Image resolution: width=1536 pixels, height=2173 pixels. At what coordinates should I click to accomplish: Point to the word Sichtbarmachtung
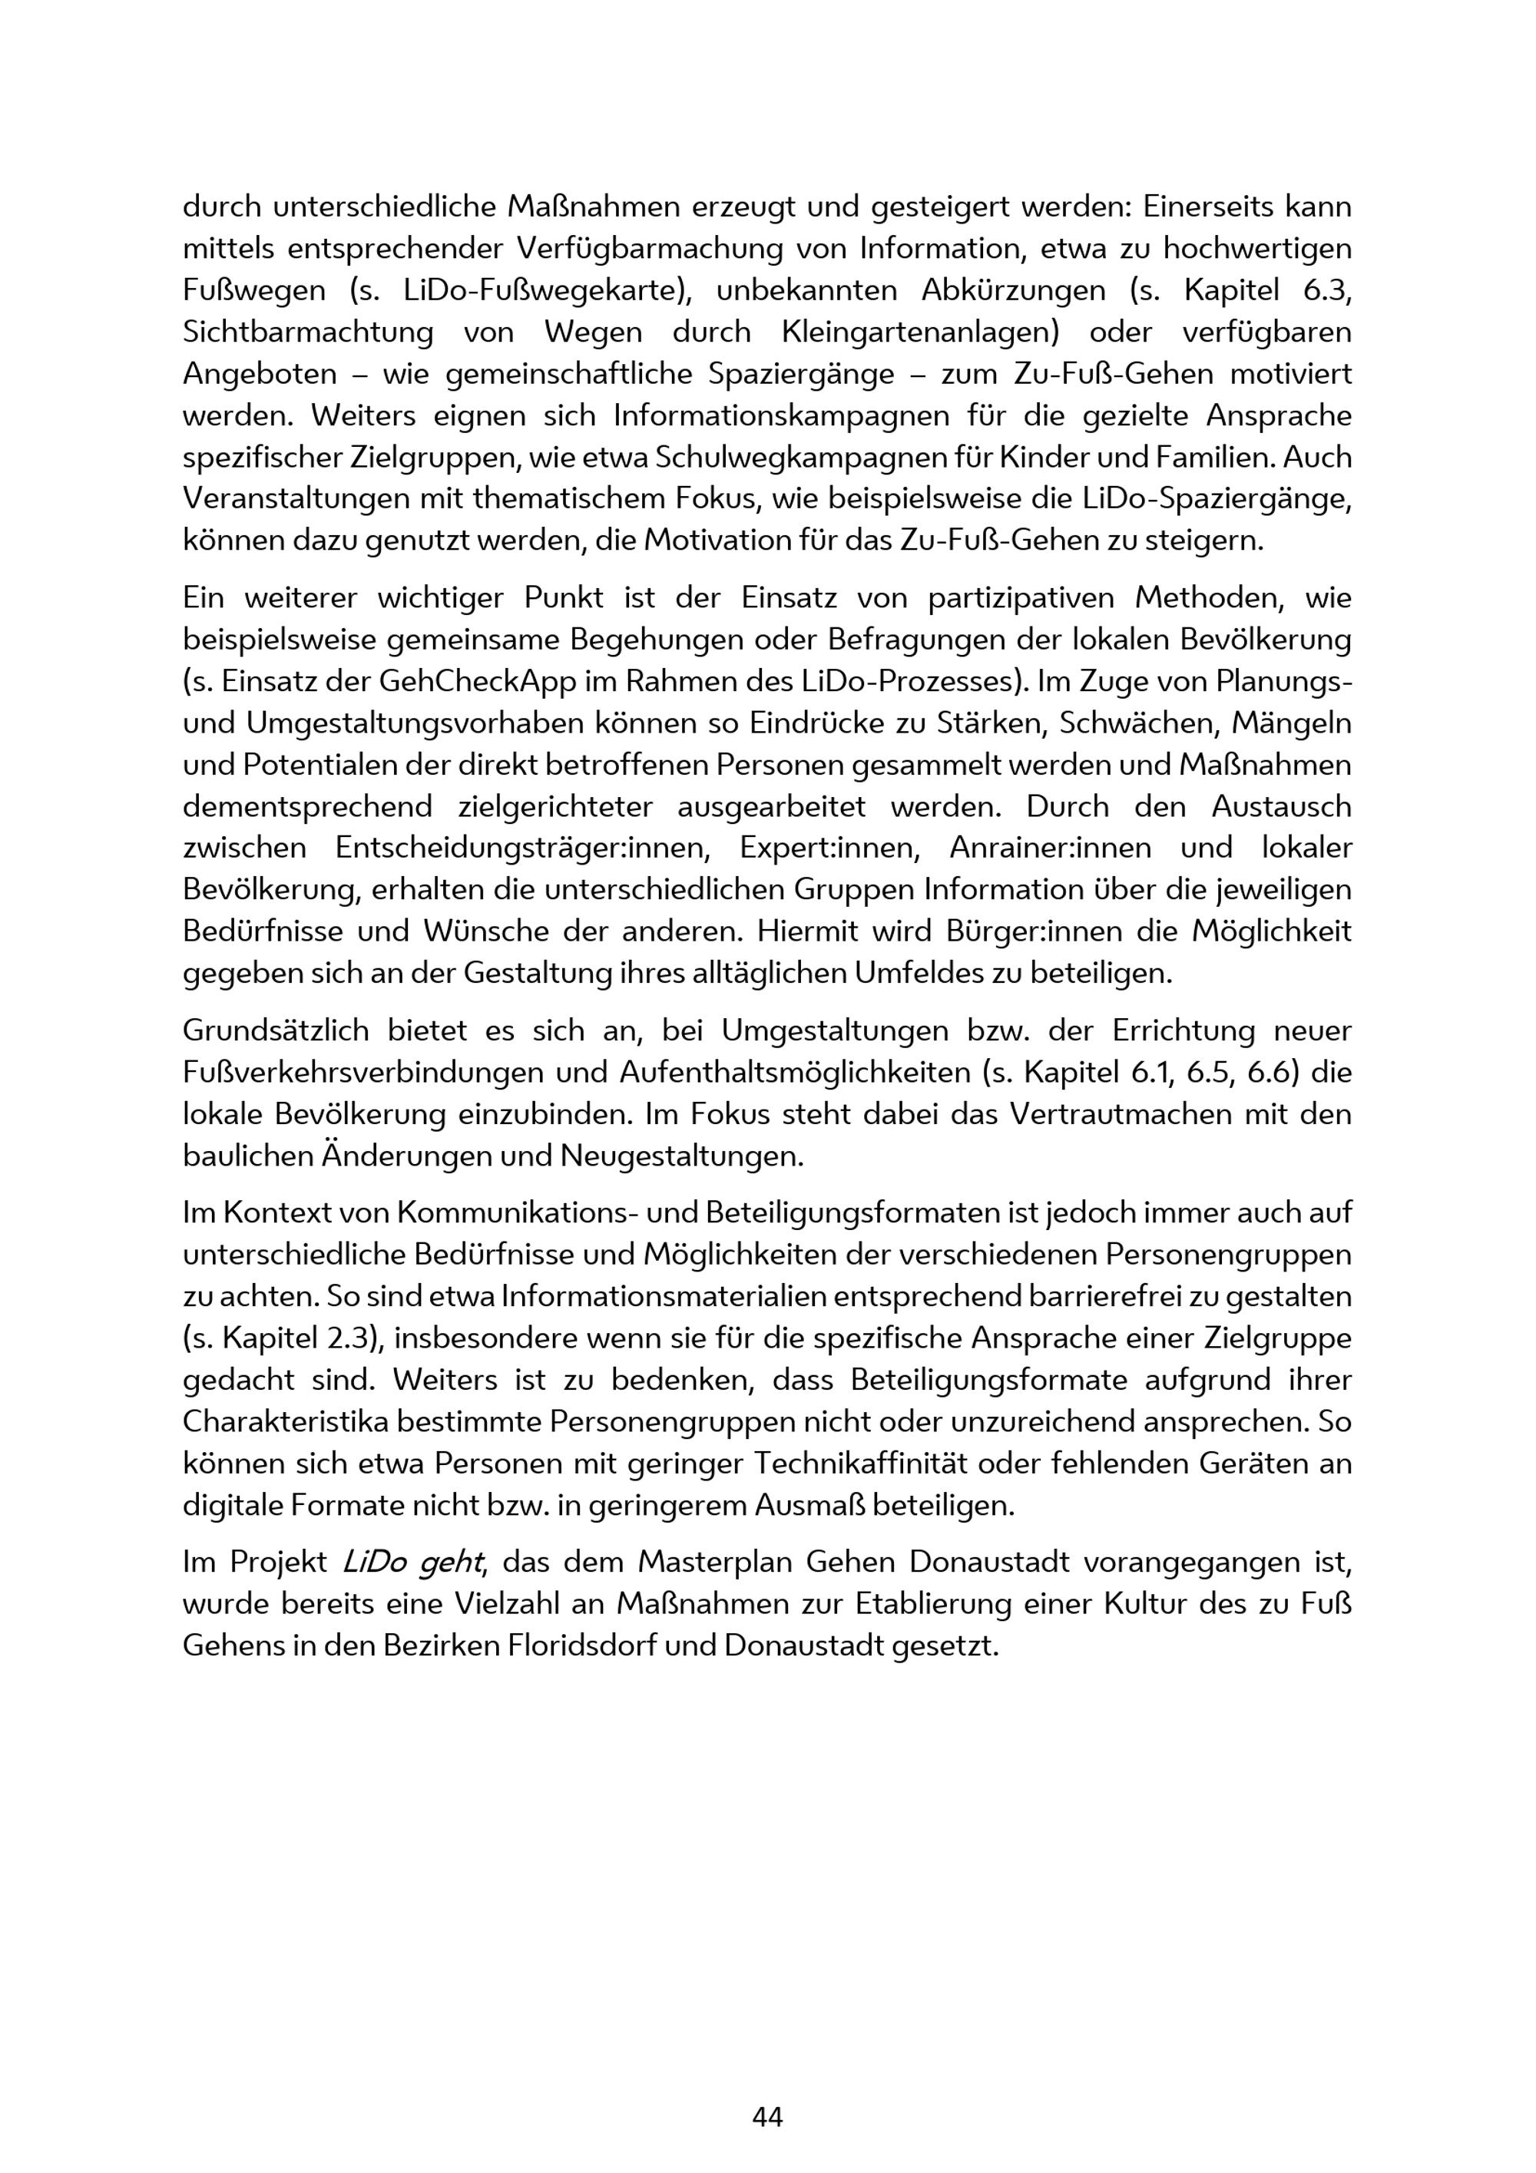coord(309,332)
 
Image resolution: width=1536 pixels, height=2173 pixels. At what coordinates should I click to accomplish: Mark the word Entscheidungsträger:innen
coord(522,848)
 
